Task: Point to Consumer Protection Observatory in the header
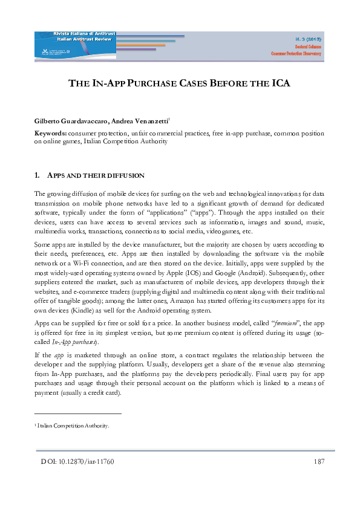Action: coord(296,54)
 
